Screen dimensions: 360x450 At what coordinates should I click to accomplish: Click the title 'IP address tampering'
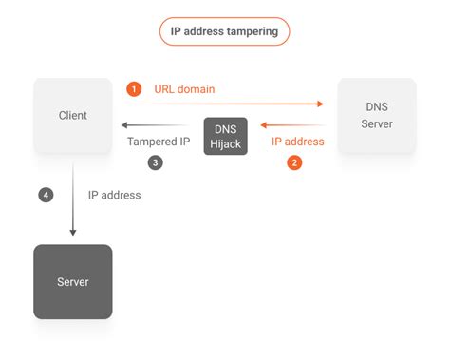(x=224, y=30)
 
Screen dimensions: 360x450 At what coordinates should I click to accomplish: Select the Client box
(x=72, y=116)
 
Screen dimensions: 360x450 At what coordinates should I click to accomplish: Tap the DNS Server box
(x=377, y=116)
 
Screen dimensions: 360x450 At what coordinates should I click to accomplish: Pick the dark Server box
(x=72, y=281)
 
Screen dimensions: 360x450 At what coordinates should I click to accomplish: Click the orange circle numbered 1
(x=134, y=89)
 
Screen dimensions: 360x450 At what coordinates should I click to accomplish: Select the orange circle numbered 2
(x=295, y=161)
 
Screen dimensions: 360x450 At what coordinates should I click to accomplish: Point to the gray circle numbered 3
(x=156, y=161)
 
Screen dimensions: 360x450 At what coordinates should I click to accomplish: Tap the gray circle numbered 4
(x=46, y=195)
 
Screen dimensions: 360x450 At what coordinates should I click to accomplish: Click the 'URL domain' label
(x=183, y=89)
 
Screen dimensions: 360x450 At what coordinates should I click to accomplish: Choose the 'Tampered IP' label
(x=159, y=142)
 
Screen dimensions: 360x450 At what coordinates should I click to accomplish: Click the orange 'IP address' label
(x=297, y=142)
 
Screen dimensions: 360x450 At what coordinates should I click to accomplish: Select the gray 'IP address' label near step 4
(x=114, y=195)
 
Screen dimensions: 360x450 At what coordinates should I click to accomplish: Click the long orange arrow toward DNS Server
(x=228, y=104)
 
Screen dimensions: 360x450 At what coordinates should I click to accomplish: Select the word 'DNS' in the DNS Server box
(x=377, y=108)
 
